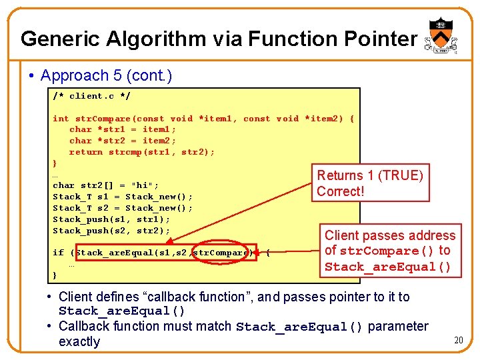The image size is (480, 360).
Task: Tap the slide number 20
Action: pyautogui.click(x=458, y=341)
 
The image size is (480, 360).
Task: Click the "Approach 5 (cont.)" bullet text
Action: pyautogui.click(x=106, y=76)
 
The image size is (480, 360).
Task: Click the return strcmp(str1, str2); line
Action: pyautogui.click(x=142, y=152)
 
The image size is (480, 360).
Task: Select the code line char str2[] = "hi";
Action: pyautogui.click(x=106, y=185)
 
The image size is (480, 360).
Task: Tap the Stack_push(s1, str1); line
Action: pyautogui.click(x=111, y=219)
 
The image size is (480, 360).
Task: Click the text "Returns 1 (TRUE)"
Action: pyautogui.click(x=370, y=175)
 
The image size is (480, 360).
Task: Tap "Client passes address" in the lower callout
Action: pyautogui.click(x=390, y=235)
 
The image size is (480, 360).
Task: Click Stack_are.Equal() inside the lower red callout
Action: pyautogui.click(x=388, y=267)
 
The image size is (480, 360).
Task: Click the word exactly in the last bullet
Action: pyautogui.click(x=79, y=342)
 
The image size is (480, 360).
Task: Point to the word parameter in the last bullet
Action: pyautogui.click(x=398, y=327)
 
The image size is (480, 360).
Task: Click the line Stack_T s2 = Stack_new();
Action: pyautogui.click(x=123, y=208)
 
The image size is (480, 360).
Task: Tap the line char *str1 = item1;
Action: pyautogui.click(x=123, y=129)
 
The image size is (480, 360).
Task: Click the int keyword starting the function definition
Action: pyautogui.click(x=61, y=119)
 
